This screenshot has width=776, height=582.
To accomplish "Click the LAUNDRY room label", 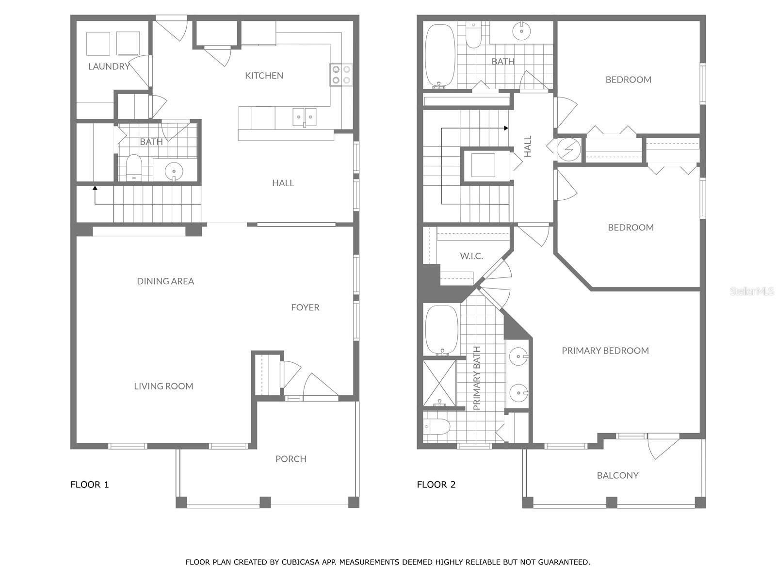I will click(109, 66).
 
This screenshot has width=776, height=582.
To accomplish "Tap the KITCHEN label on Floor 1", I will click(264, 75).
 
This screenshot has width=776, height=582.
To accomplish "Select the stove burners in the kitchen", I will click(341, 74).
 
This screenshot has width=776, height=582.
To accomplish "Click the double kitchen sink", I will click(305, 117).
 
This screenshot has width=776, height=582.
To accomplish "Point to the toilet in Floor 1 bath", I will click(133, 166).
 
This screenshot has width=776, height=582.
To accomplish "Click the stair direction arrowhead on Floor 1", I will click(95, 187).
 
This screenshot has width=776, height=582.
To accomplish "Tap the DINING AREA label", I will click(165, 281).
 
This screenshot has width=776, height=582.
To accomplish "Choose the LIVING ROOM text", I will click(163, 386).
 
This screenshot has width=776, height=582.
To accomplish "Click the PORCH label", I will click(291, 459).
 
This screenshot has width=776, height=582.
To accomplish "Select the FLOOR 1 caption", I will click(90, 485).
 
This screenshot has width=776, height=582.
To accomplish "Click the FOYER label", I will click(305, 307).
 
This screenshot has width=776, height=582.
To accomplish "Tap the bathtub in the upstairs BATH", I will click(440, 55).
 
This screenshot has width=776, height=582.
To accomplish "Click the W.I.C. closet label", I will click(471, 256).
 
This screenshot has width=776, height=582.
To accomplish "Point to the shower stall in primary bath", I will click(439, 383).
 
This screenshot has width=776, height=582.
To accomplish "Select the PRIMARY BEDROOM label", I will click(605, 351).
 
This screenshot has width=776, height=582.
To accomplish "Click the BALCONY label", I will click(617, 475).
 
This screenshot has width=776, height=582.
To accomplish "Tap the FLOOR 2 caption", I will click(436, 485).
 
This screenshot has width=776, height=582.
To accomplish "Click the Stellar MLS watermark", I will click(751, 291).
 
